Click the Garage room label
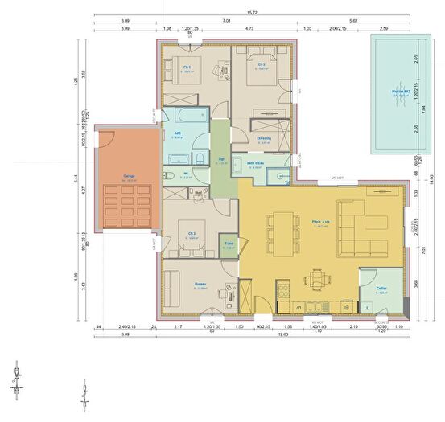click(129, 175)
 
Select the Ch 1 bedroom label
click(187, 68)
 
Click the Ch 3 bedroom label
click(192, 235)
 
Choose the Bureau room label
click(201, 284)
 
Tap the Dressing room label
click(264, 138)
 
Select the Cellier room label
click(381, 289)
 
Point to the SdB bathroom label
click(177, 133)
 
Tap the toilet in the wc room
click(168, 175)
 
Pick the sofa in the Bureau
click(171, 286)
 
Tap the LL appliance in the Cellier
click(366, 308)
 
